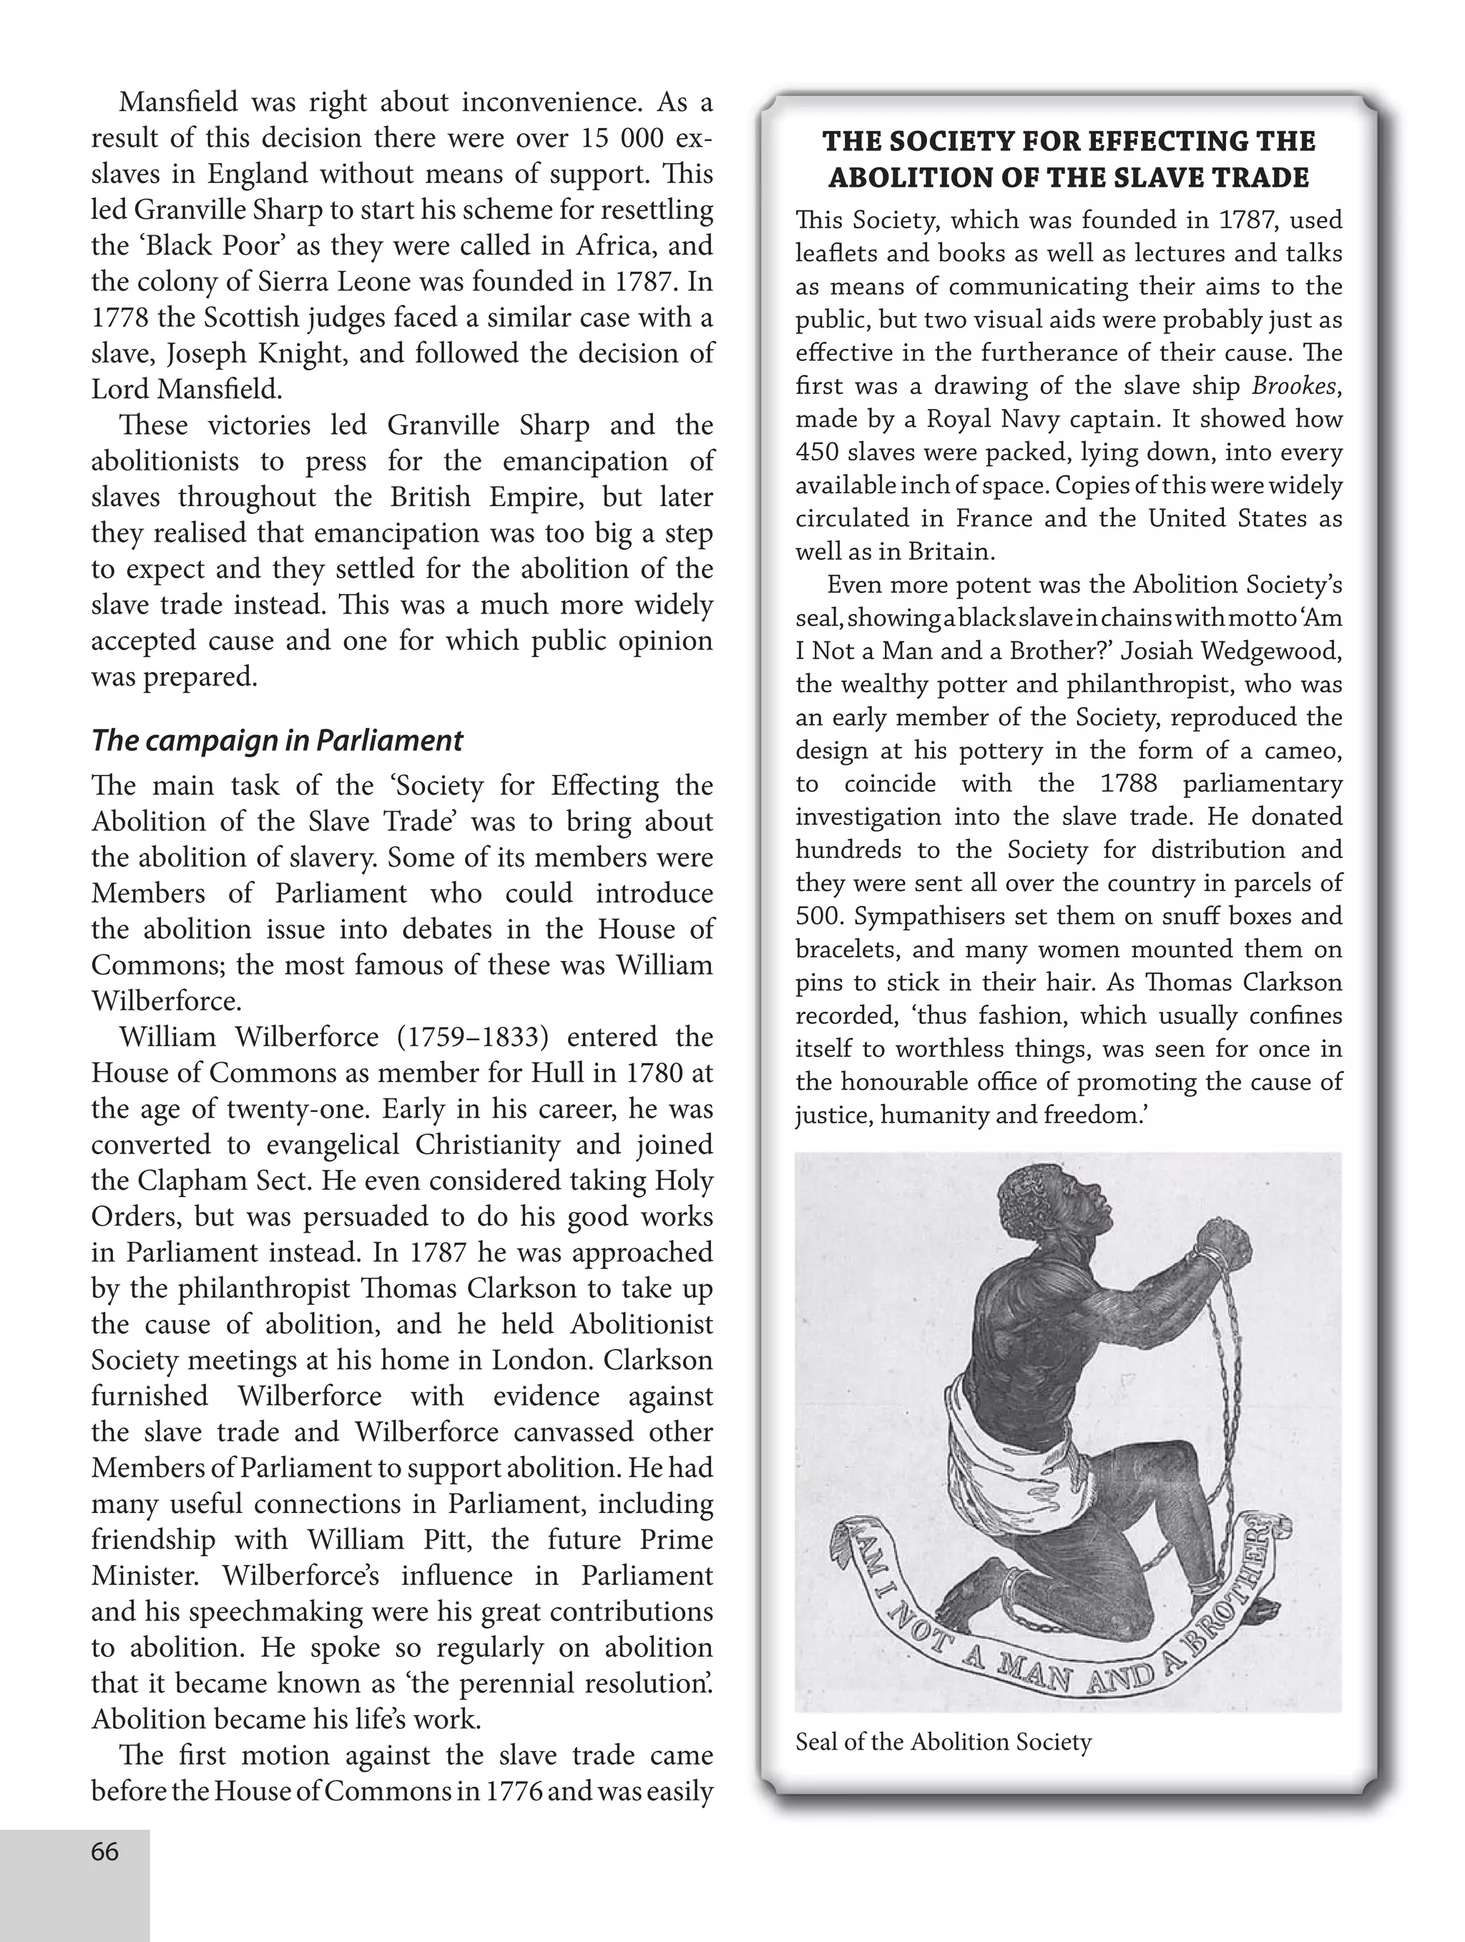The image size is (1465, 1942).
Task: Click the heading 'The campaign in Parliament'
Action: (x=277, y=740)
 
